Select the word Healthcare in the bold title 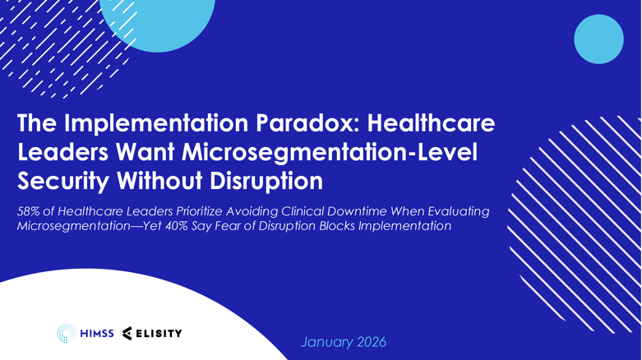[432, 123]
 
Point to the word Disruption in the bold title [264, 178]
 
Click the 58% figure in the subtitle [30, 211]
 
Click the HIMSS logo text [97, 334]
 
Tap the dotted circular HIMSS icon [66, 334]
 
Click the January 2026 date [343, 341]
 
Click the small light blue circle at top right [598, 39]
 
